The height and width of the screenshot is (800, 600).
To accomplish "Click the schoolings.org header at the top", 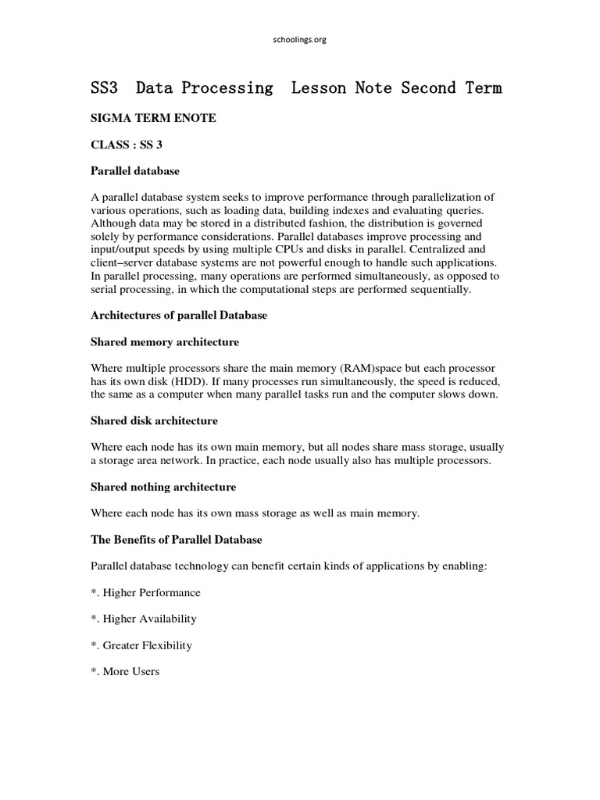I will (x=300, y=40).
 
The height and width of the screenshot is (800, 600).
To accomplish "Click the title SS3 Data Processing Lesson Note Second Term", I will (x=296, y=88).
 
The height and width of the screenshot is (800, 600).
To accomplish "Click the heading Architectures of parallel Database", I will (x=179, y=315).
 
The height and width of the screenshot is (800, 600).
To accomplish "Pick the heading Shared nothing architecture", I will (x=163, y=487).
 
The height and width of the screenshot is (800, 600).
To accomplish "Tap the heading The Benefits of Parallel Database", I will (x=177, y=540).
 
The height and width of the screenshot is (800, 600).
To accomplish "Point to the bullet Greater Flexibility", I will (x=141, y=646).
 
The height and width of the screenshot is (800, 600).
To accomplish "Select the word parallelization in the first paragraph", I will (x=449, y=198).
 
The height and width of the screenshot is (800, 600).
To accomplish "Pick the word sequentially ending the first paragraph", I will (x=439, y=289).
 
